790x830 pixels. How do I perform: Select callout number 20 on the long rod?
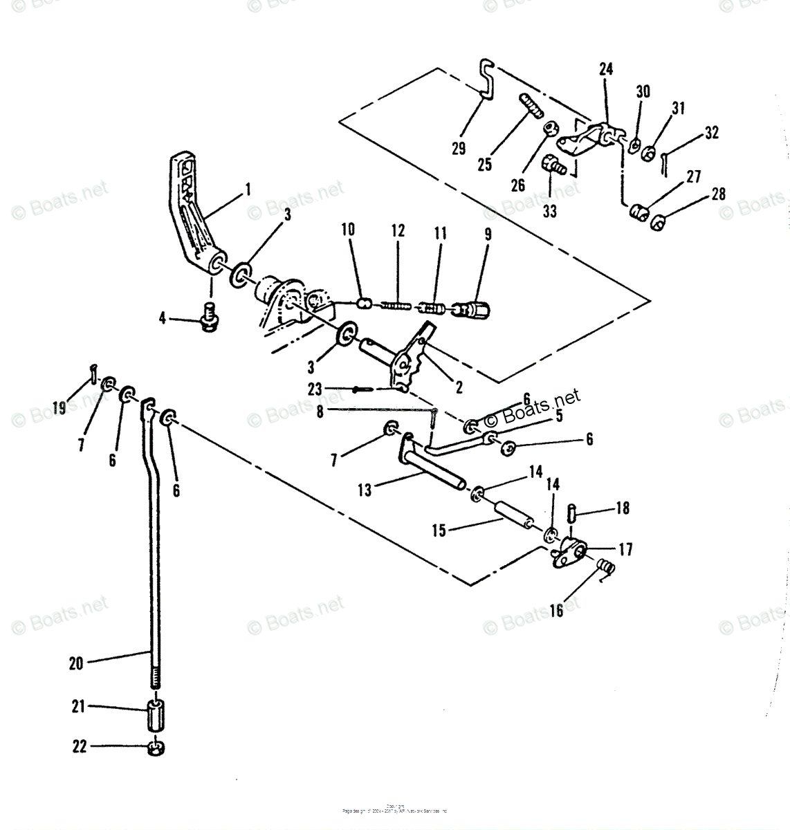[x=76, y=664]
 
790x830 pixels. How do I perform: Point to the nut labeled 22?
[x=156, y=748]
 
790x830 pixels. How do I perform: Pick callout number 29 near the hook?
[x=458, y=148]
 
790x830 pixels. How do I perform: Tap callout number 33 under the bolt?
[x=549, y=210]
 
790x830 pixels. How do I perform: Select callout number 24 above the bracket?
[x=606, y=69]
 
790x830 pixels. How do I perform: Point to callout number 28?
[x=719, y=194]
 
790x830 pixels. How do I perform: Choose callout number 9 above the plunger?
[x=488, y=234]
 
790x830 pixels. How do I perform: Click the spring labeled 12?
[x=398, y=304]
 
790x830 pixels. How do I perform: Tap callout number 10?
[x=348, y=229]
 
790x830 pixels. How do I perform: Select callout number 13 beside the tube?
[x=365, y=490]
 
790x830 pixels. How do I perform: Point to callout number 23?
[x=315, y=389]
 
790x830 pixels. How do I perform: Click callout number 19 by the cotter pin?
[x=59, y=407]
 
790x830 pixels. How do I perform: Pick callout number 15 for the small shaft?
[x=439, y=531]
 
